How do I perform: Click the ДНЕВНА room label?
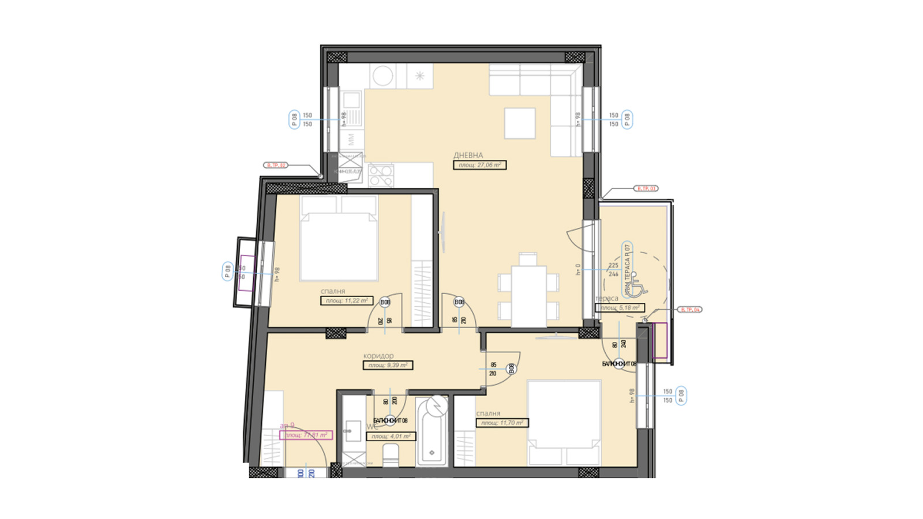point(468,155)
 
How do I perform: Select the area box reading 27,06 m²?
point(479,165)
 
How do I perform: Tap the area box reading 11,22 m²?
point(347,300)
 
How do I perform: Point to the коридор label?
point(378,356)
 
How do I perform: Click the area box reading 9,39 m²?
point(388,365)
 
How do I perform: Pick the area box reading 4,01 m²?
point(391,437)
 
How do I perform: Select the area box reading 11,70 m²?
point(502,423)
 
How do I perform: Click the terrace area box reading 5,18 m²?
point(620,308)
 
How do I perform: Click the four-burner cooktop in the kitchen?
point(381,175)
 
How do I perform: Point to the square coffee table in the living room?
point(520,123)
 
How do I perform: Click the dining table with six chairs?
point(528,294)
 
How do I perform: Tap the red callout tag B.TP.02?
point(276,166)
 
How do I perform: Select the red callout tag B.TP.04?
point(690,310)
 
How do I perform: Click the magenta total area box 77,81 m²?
point(306,435)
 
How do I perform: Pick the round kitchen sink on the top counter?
point(382,76)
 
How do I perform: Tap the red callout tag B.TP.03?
point(646,189)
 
